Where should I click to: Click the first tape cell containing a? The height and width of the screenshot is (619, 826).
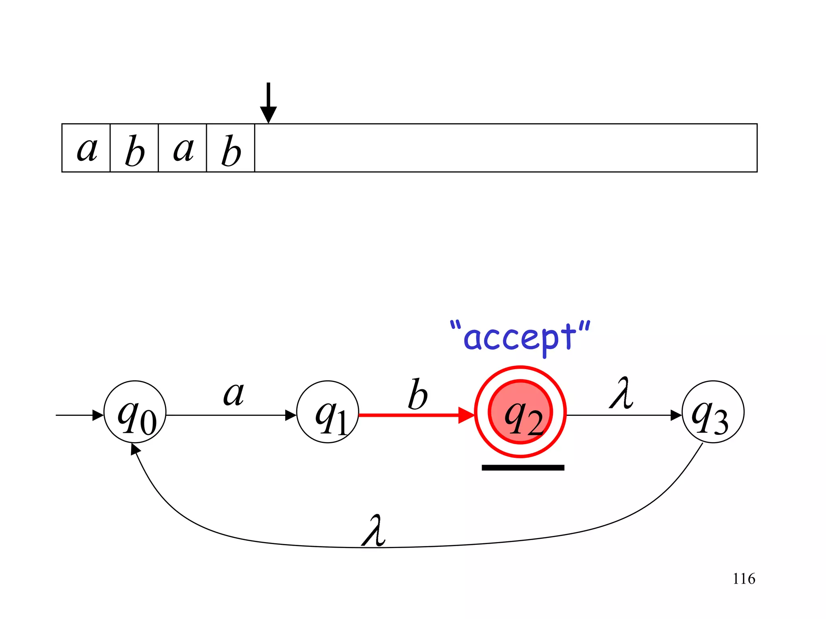pyautogui.click(x=86, y=148)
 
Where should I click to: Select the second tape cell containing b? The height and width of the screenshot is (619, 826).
pyautogui.click(x=134, y=148)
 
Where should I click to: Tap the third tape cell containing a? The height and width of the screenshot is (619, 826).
pyautogui.click(x=182, y=148)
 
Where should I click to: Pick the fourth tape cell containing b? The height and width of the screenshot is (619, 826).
pyautogui.click(x=231, y=148)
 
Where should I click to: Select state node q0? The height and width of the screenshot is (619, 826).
pyautogui.click(x=135, y=412)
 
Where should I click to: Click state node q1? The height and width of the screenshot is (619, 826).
pyautogui.click(x=327, y=412)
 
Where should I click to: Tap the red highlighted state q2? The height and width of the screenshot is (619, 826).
pyautogui.click(x=520, y=412)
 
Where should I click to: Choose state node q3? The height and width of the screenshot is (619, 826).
pyautogui.click(x=713, y=412)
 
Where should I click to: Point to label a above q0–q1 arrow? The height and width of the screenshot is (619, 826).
pyautogui.click(x=234, y=394)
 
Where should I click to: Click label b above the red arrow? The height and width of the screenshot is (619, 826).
pyautogui.click(x=417, y=395)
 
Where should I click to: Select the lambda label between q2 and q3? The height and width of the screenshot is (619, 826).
pyautogui.click(x=622, y=393)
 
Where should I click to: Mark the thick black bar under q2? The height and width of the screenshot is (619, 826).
pyautogui.click(x=523, y=467)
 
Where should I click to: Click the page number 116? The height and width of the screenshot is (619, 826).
pyautogui.click(x=744, y=579)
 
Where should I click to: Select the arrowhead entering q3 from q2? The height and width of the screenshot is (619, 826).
pyautogui.click(x=676, y=415)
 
